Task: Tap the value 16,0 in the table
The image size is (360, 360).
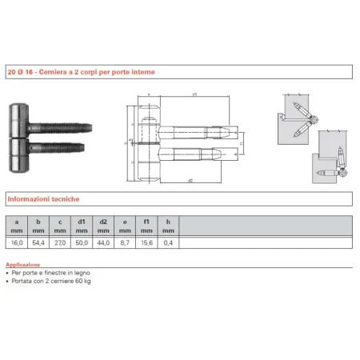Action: tap(17, 240)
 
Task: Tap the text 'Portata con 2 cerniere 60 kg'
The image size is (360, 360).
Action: tap(50, 282)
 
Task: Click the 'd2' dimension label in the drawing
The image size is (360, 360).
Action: tap(190, 180)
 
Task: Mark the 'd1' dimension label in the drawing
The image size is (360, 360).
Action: tap(194, 95)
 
